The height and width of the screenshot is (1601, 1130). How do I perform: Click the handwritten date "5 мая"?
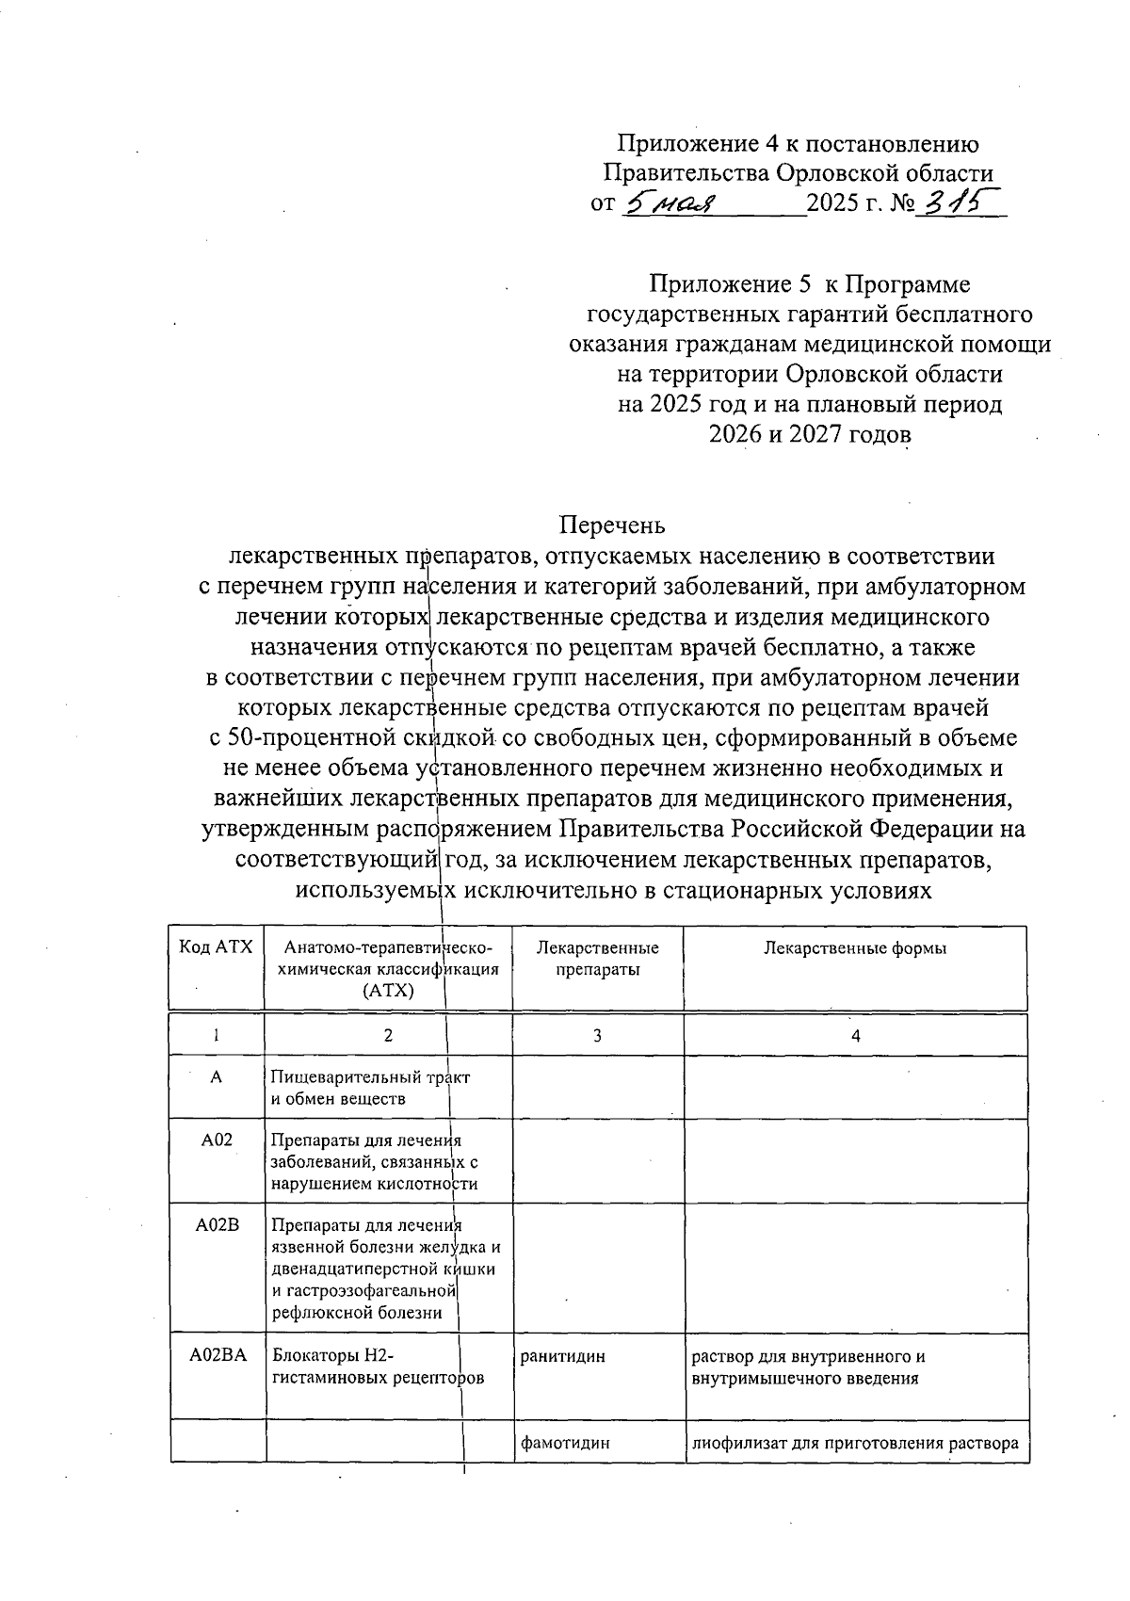pyautogui.click(x=671, y=202)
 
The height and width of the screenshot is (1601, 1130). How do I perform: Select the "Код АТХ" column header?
pyautogui.click(x=216, y=947)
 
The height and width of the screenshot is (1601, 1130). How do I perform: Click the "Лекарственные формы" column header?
pyautogui.click(x=855, y=948)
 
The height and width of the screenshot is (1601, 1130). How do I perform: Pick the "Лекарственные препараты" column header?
pyautogui.click(x=598, y=959)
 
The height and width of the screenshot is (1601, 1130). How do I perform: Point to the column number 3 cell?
pyautogui.click(x=598, y=1036)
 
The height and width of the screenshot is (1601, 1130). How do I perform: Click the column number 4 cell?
pyautogui.click(x=855, y=1036)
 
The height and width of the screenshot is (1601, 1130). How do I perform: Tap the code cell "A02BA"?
pyautogui.click(x=218, y=1356)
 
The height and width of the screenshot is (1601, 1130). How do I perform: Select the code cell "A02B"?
pyautogui.click(x=218, y=1225)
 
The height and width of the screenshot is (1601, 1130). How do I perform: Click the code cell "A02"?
pyautogui.click(x=217, y=1140)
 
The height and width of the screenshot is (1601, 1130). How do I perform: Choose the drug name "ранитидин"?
pyautogui.click(x=563, y=1356)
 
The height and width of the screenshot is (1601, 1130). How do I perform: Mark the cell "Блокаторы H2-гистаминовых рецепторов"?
pyautogui.click(x=377, y=1367)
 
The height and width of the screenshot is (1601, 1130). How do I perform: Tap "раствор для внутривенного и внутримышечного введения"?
pyautogui.click(x=808, y=1367)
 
